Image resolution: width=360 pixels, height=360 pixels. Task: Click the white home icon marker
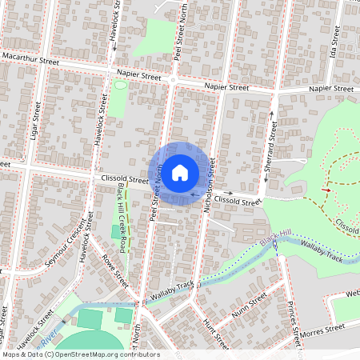180,172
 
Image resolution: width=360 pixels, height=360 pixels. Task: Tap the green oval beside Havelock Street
120,85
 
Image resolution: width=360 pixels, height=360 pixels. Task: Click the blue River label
48,340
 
